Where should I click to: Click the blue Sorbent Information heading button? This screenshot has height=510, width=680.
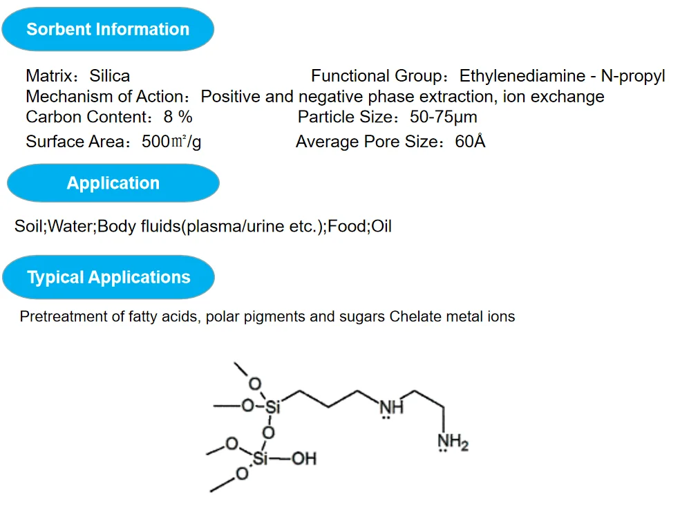(108, 29)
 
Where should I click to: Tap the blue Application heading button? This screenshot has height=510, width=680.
(113, 183)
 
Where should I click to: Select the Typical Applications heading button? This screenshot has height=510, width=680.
(108, 277)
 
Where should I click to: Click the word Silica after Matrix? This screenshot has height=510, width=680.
(109, 76)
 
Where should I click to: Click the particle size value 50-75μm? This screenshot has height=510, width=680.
(433, 117)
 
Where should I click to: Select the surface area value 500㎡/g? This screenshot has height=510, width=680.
(171, 142)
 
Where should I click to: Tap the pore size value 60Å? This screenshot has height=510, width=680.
(471, 142)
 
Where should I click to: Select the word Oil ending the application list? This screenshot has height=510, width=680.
(382, 226)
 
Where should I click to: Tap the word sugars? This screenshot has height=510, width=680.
(362, 317)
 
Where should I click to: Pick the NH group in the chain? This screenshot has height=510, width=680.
(391, 406)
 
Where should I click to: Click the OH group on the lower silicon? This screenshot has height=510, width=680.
(303, 458)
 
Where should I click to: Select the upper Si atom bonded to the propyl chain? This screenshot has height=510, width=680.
(272, 407)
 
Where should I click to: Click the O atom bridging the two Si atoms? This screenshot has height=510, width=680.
(268, 432)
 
